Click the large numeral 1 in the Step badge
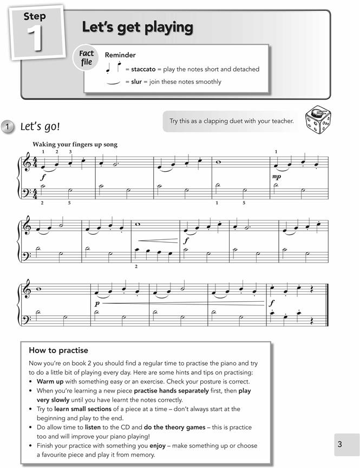(35, 39)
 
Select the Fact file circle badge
(87, 58)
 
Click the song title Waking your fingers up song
(75, 145)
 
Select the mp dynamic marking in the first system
(277, 177)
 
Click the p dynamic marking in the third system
(97, 304)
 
